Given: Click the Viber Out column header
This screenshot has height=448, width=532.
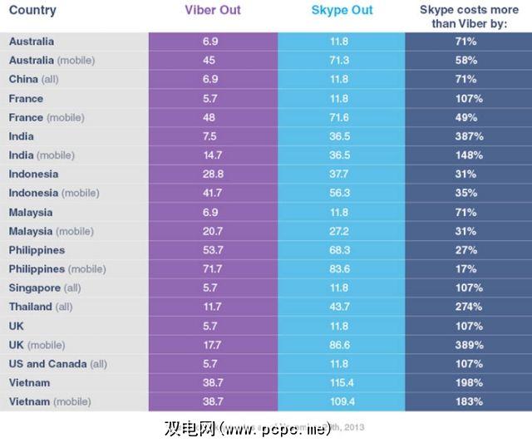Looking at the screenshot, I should (x=213, y=11).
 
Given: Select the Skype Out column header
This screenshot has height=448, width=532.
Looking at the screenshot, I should (x=342, y=11).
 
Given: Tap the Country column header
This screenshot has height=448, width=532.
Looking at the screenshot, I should (x=33, y=11).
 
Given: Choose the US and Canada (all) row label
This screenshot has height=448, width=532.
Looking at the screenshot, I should (x=57, y=364).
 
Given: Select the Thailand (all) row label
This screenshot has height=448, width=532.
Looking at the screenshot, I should (x=42, y=307).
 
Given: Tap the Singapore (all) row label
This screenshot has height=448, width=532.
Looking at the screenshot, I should (x=47, y=288).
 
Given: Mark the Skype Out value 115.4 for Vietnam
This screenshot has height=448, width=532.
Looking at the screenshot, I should (x=342, y=383).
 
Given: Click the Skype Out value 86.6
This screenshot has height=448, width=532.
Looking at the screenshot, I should (x=342, y=345).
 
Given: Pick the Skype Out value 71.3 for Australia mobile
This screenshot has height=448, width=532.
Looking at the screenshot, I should (x=342, y=60).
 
